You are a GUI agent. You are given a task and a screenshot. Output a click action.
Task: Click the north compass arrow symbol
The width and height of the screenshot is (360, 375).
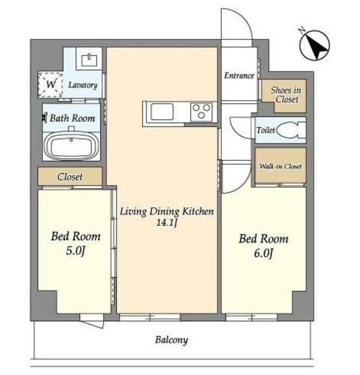315,45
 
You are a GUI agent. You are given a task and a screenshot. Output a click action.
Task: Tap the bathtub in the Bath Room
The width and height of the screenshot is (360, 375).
71,146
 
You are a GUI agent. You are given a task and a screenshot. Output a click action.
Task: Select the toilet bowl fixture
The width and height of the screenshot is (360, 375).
290,130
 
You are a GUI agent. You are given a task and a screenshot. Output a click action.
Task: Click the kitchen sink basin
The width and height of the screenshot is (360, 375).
162,112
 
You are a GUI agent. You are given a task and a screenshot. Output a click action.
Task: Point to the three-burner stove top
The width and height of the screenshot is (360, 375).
201,112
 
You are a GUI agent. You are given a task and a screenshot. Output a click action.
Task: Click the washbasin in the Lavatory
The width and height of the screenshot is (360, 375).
90,60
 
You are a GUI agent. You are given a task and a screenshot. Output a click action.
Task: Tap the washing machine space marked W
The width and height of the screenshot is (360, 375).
50,84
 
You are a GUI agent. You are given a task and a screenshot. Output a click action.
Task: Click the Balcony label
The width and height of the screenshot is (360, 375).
172,340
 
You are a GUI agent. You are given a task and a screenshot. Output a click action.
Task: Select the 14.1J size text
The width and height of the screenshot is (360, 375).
166,223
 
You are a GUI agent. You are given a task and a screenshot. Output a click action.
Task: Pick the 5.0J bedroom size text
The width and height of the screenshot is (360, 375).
76,251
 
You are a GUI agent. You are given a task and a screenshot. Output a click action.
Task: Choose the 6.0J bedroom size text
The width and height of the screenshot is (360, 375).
263,253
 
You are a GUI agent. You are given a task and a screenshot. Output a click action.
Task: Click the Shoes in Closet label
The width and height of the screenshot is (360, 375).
286,95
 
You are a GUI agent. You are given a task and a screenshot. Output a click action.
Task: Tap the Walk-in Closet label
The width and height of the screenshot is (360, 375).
281,166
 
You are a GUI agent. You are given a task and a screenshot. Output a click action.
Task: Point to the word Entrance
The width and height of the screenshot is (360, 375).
239,76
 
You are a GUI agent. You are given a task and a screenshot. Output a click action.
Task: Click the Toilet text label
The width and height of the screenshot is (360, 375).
266,130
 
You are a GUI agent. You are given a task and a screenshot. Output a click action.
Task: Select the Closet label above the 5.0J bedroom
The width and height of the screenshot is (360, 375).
70,177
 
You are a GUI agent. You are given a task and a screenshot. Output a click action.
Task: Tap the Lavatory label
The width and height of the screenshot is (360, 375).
83,85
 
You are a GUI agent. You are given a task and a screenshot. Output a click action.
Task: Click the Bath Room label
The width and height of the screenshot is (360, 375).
73,118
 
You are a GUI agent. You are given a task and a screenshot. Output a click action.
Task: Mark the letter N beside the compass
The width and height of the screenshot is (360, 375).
303,30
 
